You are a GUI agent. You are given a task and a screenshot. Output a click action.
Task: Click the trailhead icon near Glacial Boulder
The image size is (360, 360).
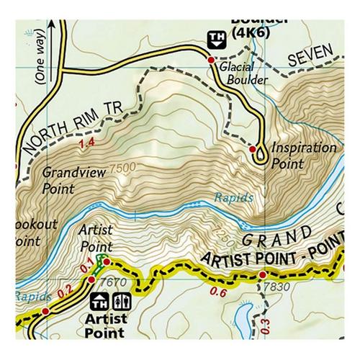click(214, 39)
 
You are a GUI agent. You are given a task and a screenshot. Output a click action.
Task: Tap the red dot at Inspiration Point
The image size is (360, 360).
click(253, 149)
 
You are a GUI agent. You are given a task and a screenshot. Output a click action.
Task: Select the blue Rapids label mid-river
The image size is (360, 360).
click(233, 197)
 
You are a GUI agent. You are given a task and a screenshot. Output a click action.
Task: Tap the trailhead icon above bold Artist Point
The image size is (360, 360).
click(100, 300)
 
